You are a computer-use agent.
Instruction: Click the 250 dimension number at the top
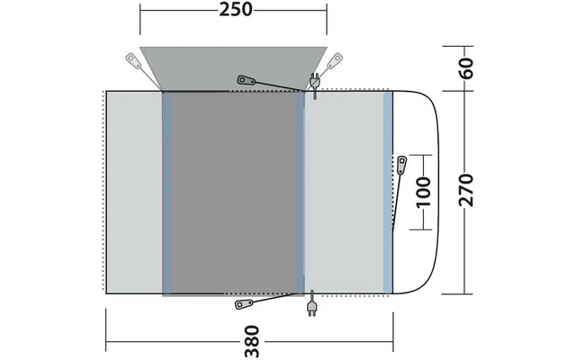236,10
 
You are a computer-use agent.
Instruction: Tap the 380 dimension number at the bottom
252,341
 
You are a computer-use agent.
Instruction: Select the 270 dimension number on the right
466,190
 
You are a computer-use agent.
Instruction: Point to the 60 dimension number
466,68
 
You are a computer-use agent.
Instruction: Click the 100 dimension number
424,192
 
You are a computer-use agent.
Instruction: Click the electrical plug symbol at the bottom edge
311,303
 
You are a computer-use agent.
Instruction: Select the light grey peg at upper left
134,60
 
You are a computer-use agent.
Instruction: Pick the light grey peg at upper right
335,60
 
